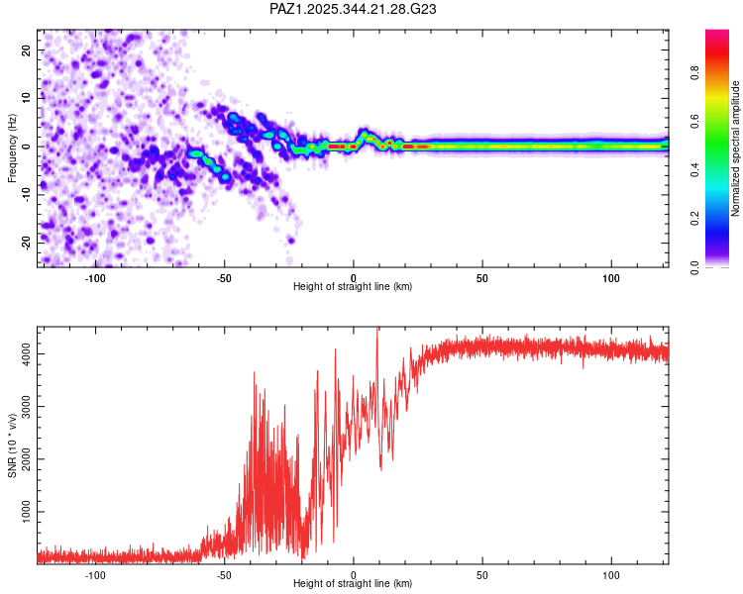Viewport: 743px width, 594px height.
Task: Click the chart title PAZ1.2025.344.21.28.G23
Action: tap(354, 9)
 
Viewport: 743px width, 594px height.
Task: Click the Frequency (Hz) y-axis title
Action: tap(12, 147)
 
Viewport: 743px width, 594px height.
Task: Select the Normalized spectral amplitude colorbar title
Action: tap(736, 148)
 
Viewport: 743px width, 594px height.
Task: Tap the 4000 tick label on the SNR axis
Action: tap(25, 353)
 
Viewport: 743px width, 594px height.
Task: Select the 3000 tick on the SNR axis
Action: tap(25, 407)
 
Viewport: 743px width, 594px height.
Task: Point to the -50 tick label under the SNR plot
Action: tap(224, 574)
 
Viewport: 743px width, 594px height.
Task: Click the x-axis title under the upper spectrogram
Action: tap(353, 287)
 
